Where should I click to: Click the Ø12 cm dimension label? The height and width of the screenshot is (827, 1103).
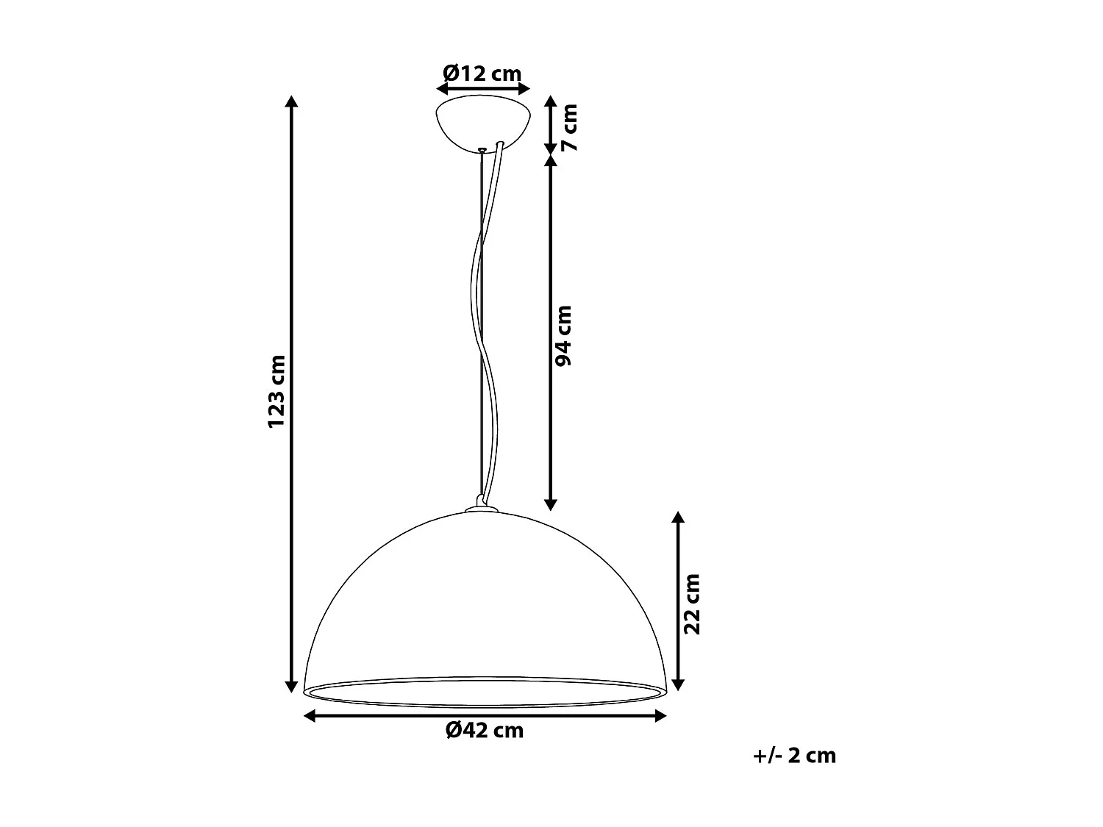(x=482, y=74)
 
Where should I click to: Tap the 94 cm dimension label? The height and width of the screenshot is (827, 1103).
(x=564, y=336)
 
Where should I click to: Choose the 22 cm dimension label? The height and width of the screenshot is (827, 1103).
(x=692, y=604)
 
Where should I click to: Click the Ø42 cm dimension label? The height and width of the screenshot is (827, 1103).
(x=485, y=730)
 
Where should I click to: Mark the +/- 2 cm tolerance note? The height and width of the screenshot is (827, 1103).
(x=794, y=756)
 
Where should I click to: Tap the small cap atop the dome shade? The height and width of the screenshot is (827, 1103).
(x=482, y=506)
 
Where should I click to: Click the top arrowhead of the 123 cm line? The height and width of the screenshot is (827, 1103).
(x=292, y=102)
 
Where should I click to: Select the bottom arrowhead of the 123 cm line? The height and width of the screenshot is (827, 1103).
(x=292, y=686)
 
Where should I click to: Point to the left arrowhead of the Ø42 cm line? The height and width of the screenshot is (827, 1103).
(x=310, y=716)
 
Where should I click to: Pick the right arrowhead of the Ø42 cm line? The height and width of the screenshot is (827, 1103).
(x=660, y=716)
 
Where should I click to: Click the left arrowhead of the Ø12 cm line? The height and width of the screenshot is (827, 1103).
(x=442, y=89)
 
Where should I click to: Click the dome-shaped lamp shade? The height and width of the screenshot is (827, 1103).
(x=485, y=603)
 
